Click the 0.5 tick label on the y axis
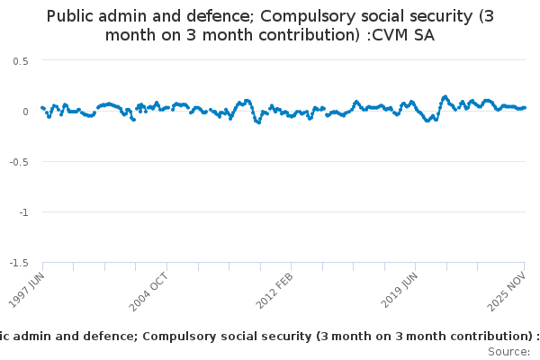[x=21, y=60]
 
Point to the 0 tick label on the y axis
[x=25, y=112]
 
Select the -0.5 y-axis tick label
[x=19, y=162]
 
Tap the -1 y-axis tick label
[x=23, y=212]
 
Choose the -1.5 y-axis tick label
[x=19, y=263]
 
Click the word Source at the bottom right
[x=509, y=351]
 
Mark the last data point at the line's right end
[x=525, y=107]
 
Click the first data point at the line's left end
[x=42, y=107]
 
